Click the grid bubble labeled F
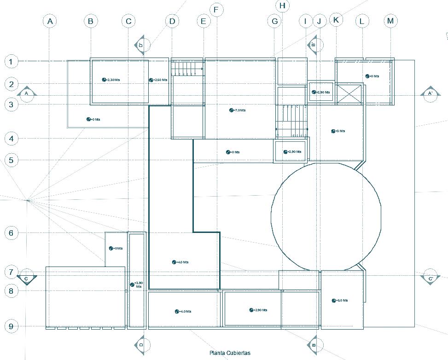[x=216, y=10]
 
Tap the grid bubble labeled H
[x=282, y=6]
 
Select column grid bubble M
[x=390, y=21]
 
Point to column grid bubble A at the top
[x=50, y=21]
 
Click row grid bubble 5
[x=12, y=160]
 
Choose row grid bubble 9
[x=12, y=326]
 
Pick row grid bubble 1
[x=12, y=61]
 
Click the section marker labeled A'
[x=431, y=93]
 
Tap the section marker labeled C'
[x=431, y=278]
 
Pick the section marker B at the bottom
[x=314, y=344]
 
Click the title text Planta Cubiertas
[x=230, y=353]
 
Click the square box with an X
[x=349, y=94]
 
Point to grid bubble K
[x=336, y=20]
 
